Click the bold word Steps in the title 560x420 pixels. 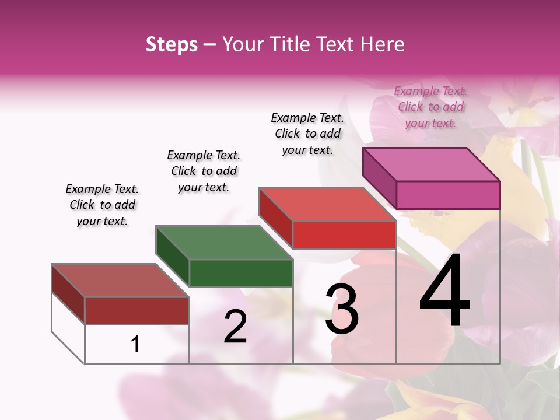click(x=171, y=44)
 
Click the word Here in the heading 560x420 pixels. click(x=383, y=44)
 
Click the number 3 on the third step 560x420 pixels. click(x=342, y=309)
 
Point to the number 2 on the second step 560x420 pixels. click(x=235, y=327)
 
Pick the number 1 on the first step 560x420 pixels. click(x=135, y=344)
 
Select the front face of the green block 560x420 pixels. click(x=241, y=273)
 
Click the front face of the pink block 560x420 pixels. click(x=448, y=195)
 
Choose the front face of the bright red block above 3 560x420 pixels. click(x=344, y=235)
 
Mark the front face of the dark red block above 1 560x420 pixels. click(x=136, y=310)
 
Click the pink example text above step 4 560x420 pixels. click(x=430, y=107)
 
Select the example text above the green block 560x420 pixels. click(x=204, y=171)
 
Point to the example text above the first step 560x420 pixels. click(x=102, y=205)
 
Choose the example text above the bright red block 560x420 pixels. click(x=307, y=134)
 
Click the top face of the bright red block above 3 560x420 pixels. click(x=328, y=204)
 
